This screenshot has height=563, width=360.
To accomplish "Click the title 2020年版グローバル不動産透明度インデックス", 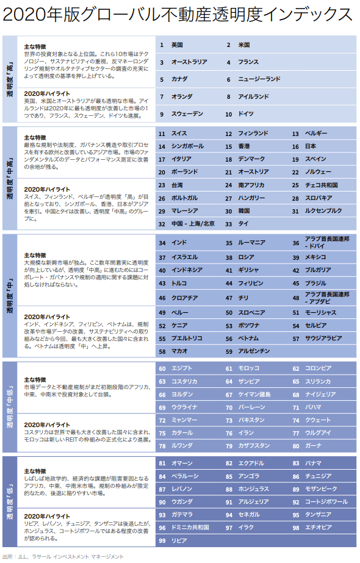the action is coord(178,14).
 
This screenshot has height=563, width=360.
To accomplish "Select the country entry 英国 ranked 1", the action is coord(178,45).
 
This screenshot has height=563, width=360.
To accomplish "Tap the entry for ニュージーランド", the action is coord(260,79).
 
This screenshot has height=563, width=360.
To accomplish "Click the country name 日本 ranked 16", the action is coord(311,146).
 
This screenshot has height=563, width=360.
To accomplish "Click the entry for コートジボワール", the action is coord(326,501).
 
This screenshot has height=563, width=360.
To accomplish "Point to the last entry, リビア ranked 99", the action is coord(179,540).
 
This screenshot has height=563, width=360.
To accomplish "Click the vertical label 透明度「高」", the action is coord(10,79).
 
